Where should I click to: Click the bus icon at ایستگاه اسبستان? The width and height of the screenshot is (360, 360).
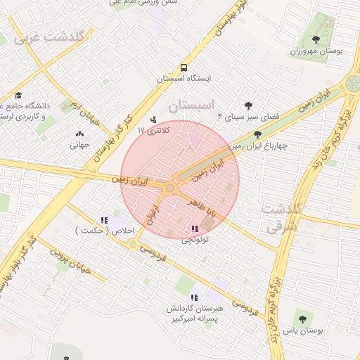point(184,68)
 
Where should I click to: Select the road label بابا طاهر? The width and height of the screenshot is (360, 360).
point(204,207)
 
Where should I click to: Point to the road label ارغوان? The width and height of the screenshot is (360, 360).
point(155,214)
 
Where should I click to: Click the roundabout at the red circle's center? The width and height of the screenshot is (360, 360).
point(169,188)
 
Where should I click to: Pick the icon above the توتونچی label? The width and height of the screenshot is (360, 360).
point(194,229)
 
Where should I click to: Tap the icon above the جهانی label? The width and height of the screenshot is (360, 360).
point(79,134)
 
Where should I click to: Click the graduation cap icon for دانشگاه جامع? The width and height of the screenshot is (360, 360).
point(18,96)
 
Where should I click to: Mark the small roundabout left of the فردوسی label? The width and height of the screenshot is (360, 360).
point(133,244)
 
